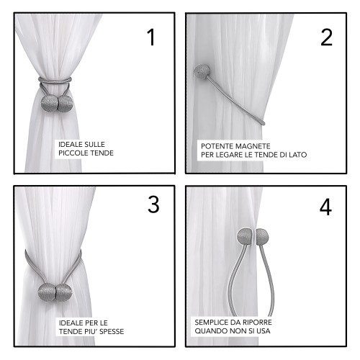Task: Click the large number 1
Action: pyautogui.click(x=150, y=37)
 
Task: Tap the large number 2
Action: pyautogui.click(x=327, y=37)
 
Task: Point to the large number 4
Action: pyautogui.click(x=325, y=207)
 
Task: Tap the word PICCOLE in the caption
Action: pyautogui.click(x=73, y=153)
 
